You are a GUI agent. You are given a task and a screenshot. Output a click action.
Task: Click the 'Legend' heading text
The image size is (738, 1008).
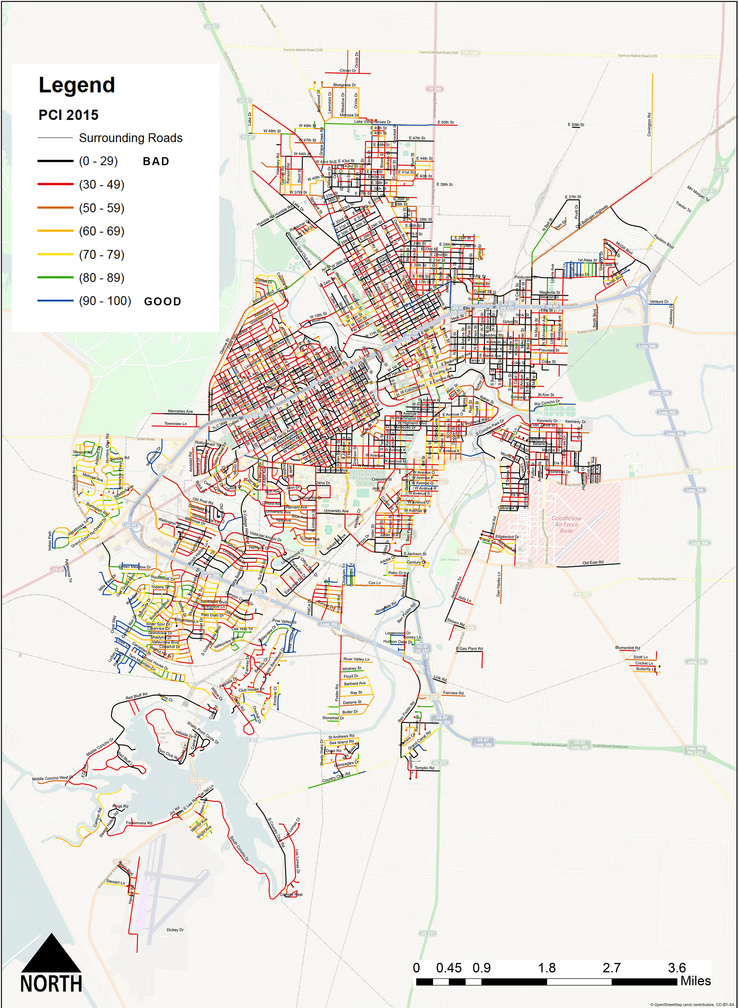pos(77,85)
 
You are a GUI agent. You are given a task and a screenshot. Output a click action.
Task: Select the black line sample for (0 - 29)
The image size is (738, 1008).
pos(55,161)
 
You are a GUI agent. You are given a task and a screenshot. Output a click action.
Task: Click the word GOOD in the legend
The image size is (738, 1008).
pos(163,301)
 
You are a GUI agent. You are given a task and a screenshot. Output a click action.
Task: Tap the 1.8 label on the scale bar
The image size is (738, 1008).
pos(546,968)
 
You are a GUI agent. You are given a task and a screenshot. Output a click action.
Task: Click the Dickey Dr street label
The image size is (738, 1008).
pos(175,929)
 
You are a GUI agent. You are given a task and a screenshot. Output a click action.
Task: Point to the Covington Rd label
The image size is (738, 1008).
pos(649,124)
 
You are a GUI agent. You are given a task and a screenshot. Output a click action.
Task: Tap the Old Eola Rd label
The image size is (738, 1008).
pos(593,563)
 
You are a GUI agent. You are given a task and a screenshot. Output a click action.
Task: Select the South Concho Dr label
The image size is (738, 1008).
pos(240,849)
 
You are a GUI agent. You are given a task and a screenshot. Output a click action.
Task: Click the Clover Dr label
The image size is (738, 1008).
pos(348,70)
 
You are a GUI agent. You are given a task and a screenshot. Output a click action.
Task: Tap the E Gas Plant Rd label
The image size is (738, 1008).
pos(469,649)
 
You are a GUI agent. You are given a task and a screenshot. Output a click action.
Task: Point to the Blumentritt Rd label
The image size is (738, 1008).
pos(627,648)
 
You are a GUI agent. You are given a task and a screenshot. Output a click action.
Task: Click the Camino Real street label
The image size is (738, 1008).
pos(291,895)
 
